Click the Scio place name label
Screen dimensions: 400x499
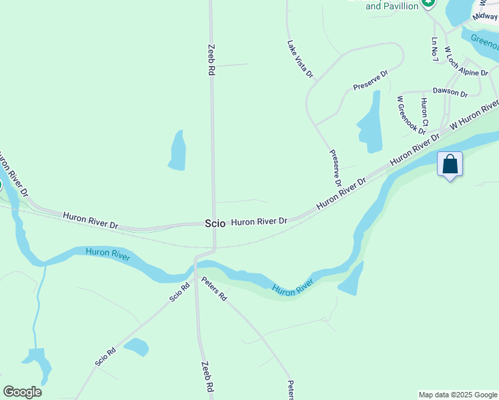click(x=215, y=224)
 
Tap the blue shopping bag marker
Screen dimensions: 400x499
click(x=450, y=164)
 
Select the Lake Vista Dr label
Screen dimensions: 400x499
click(x=300, y=59)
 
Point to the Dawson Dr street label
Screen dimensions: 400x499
click(x=450, y=91)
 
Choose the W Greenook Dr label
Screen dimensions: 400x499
click(x=403, y=115)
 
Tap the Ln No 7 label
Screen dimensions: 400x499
click(x=435, y=49)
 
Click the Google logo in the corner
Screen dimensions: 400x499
click(x=22, y=392)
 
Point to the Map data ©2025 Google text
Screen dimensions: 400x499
click(x=458, y=395)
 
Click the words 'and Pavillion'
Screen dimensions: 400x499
click(x=392, y=6)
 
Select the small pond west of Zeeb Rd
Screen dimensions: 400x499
click(x=177, y=150)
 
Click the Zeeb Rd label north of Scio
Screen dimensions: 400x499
click(x=211, y=60)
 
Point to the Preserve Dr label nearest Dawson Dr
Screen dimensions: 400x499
click(x=370, y=81)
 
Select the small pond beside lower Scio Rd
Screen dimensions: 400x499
click(x=136, y=347)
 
